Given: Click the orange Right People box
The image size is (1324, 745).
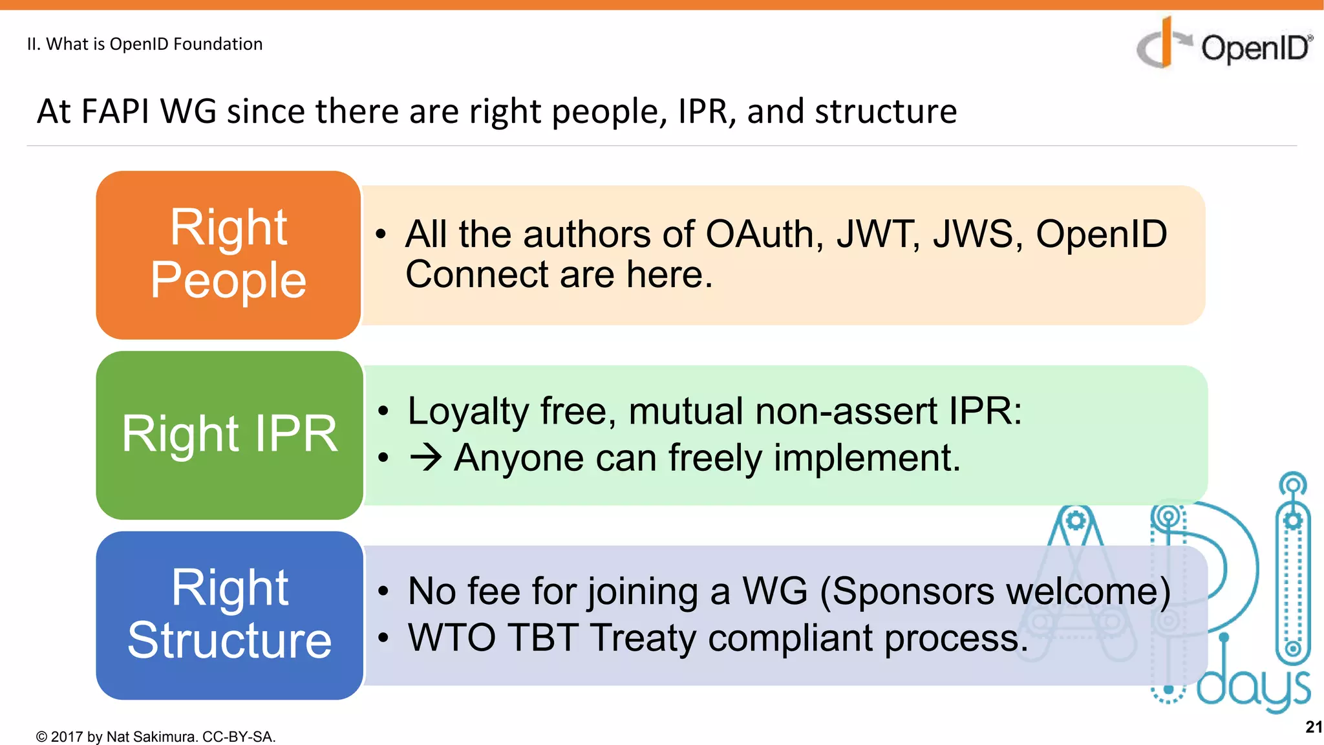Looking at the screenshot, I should pos(228,255).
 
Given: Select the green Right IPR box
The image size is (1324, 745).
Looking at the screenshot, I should pos(230,435).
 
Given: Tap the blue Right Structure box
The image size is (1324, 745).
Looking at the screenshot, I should pos(230,615).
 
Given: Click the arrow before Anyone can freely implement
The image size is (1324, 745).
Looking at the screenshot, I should pos(426,458).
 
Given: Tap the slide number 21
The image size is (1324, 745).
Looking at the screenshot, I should pos(1313,727).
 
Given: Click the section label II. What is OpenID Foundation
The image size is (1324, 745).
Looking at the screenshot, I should pos(145,44).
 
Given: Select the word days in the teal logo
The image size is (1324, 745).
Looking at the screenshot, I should pos(1253,689).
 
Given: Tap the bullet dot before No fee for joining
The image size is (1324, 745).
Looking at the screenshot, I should pos(383,591).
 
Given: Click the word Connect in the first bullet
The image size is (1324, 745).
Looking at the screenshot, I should pos(476,274).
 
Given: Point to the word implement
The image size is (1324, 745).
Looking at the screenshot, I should pos(866,459).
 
